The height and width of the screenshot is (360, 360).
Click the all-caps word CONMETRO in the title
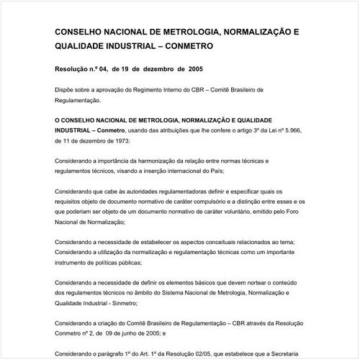pos(186,45)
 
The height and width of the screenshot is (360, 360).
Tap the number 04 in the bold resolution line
pos(105,71)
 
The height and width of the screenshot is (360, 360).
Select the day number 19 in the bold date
pos(133,71)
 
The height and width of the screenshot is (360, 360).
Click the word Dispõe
pos(66,91)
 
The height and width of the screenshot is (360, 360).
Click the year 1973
pos(114,141)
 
